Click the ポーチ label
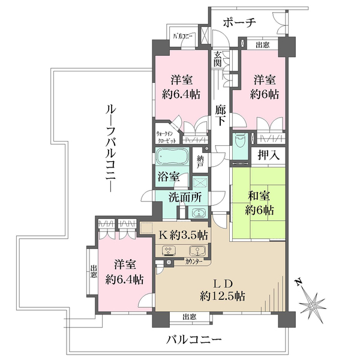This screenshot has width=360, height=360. (x=239, y=22)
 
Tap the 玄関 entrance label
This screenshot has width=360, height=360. (x=217, y=59)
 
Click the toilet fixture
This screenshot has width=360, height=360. (x=241, y=141)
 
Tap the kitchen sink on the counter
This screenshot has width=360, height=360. (x=195, y=252)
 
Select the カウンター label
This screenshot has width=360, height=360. (x=193, y=263)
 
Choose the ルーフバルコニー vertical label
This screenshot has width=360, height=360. (x=110, y=147)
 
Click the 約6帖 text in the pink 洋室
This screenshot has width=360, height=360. (x=264, y=95)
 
